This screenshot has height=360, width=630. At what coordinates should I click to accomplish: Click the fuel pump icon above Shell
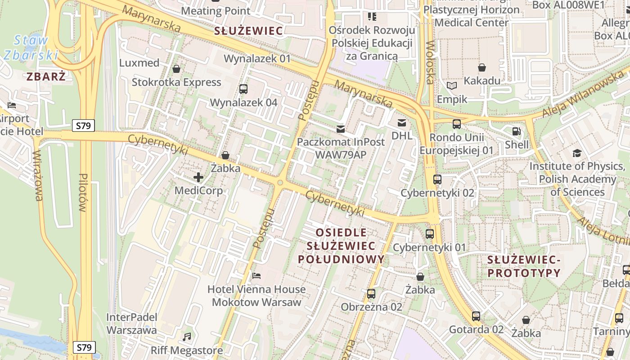pos(516,132)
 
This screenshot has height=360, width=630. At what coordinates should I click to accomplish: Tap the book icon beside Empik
pos(451,85)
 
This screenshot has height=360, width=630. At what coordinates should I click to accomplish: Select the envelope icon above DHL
pos(401,123)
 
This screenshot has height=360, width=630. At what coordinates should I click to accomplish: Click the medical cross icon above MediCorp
pos(198,177)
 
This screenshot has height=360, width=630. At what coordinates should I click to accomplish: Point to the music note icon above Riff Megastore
pos(187,337)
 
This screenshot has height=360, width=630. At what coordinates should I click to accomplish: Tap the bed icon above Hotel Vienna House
pos(256,275)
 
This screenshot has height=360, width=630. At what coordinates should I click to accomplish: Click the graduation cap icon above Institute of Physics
pos(577,153)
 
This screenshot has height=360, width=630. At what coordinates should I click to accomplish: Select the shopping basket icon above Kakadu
pos(482,67)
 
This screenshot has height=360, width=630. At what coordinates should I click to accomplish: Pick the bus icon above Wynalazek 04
pos(243,89)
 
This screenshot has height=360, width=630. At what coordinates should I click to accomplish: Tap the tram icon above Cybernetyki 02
pos(437,180)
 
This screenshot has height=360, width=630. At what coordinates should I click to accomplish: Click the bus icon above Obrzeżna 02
pos(371,294)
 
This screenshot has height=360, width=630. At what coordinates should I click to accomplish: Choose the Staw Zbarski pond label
pos(31,47)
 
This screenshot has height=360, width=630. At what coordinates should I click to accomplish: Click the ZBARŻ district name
pos(46,76)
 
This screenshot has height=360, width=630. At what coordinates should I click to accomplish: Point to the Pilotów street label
pos(82,193)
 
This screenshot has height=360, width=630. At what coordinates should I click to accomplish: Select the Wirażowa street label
pos(37,175)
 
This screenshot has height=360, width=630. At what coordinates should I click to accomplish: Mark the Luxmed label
pos(139,63)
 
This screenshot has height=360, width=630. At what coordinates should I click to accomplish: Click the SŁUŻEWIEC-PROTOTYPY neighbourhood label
pos(524,266)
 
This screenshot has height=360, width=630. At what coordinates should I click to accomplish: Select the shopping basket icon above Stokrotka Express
pos(176,69)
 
